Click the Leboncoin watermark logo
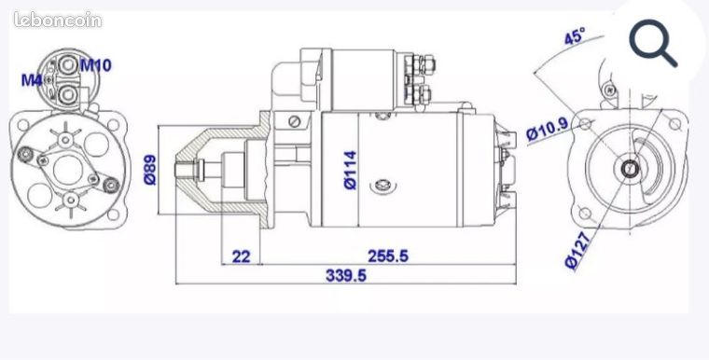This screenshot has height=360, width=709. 58,20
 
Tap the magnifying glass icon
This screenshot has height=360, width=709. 653,43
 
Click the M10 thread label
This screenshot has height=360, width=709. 96,65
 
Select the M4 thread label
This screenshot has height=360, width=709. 31,80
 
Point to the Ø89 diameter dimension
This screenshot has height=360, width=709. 150,170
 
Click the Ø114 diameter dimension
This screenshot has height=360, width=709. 351,170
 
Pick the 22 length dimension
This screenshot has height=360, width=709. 241,256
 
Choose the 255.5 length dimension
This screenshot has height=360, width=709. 388,256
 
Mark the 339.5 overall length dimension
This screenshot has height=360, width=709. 345,275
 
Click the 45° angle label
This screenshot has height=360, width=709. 575,36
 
